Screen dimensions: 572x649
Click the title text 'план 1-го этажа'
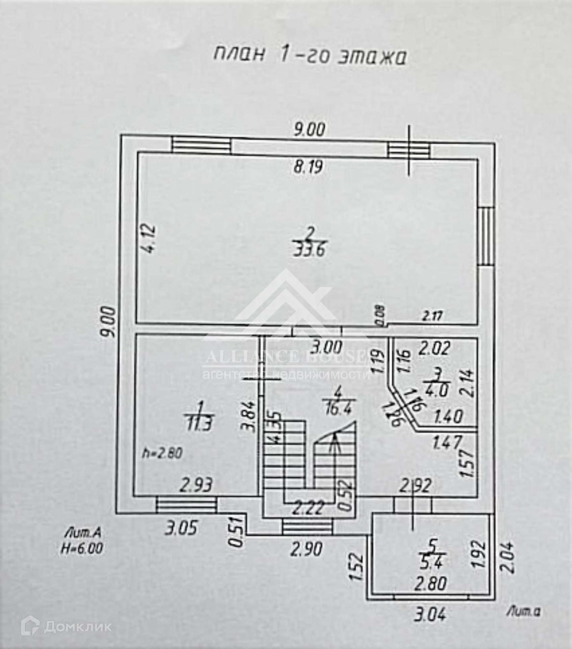309,55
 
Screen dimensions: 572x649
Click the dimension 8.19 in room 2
308,167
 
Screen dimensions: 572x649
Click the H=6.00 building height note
81,548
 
